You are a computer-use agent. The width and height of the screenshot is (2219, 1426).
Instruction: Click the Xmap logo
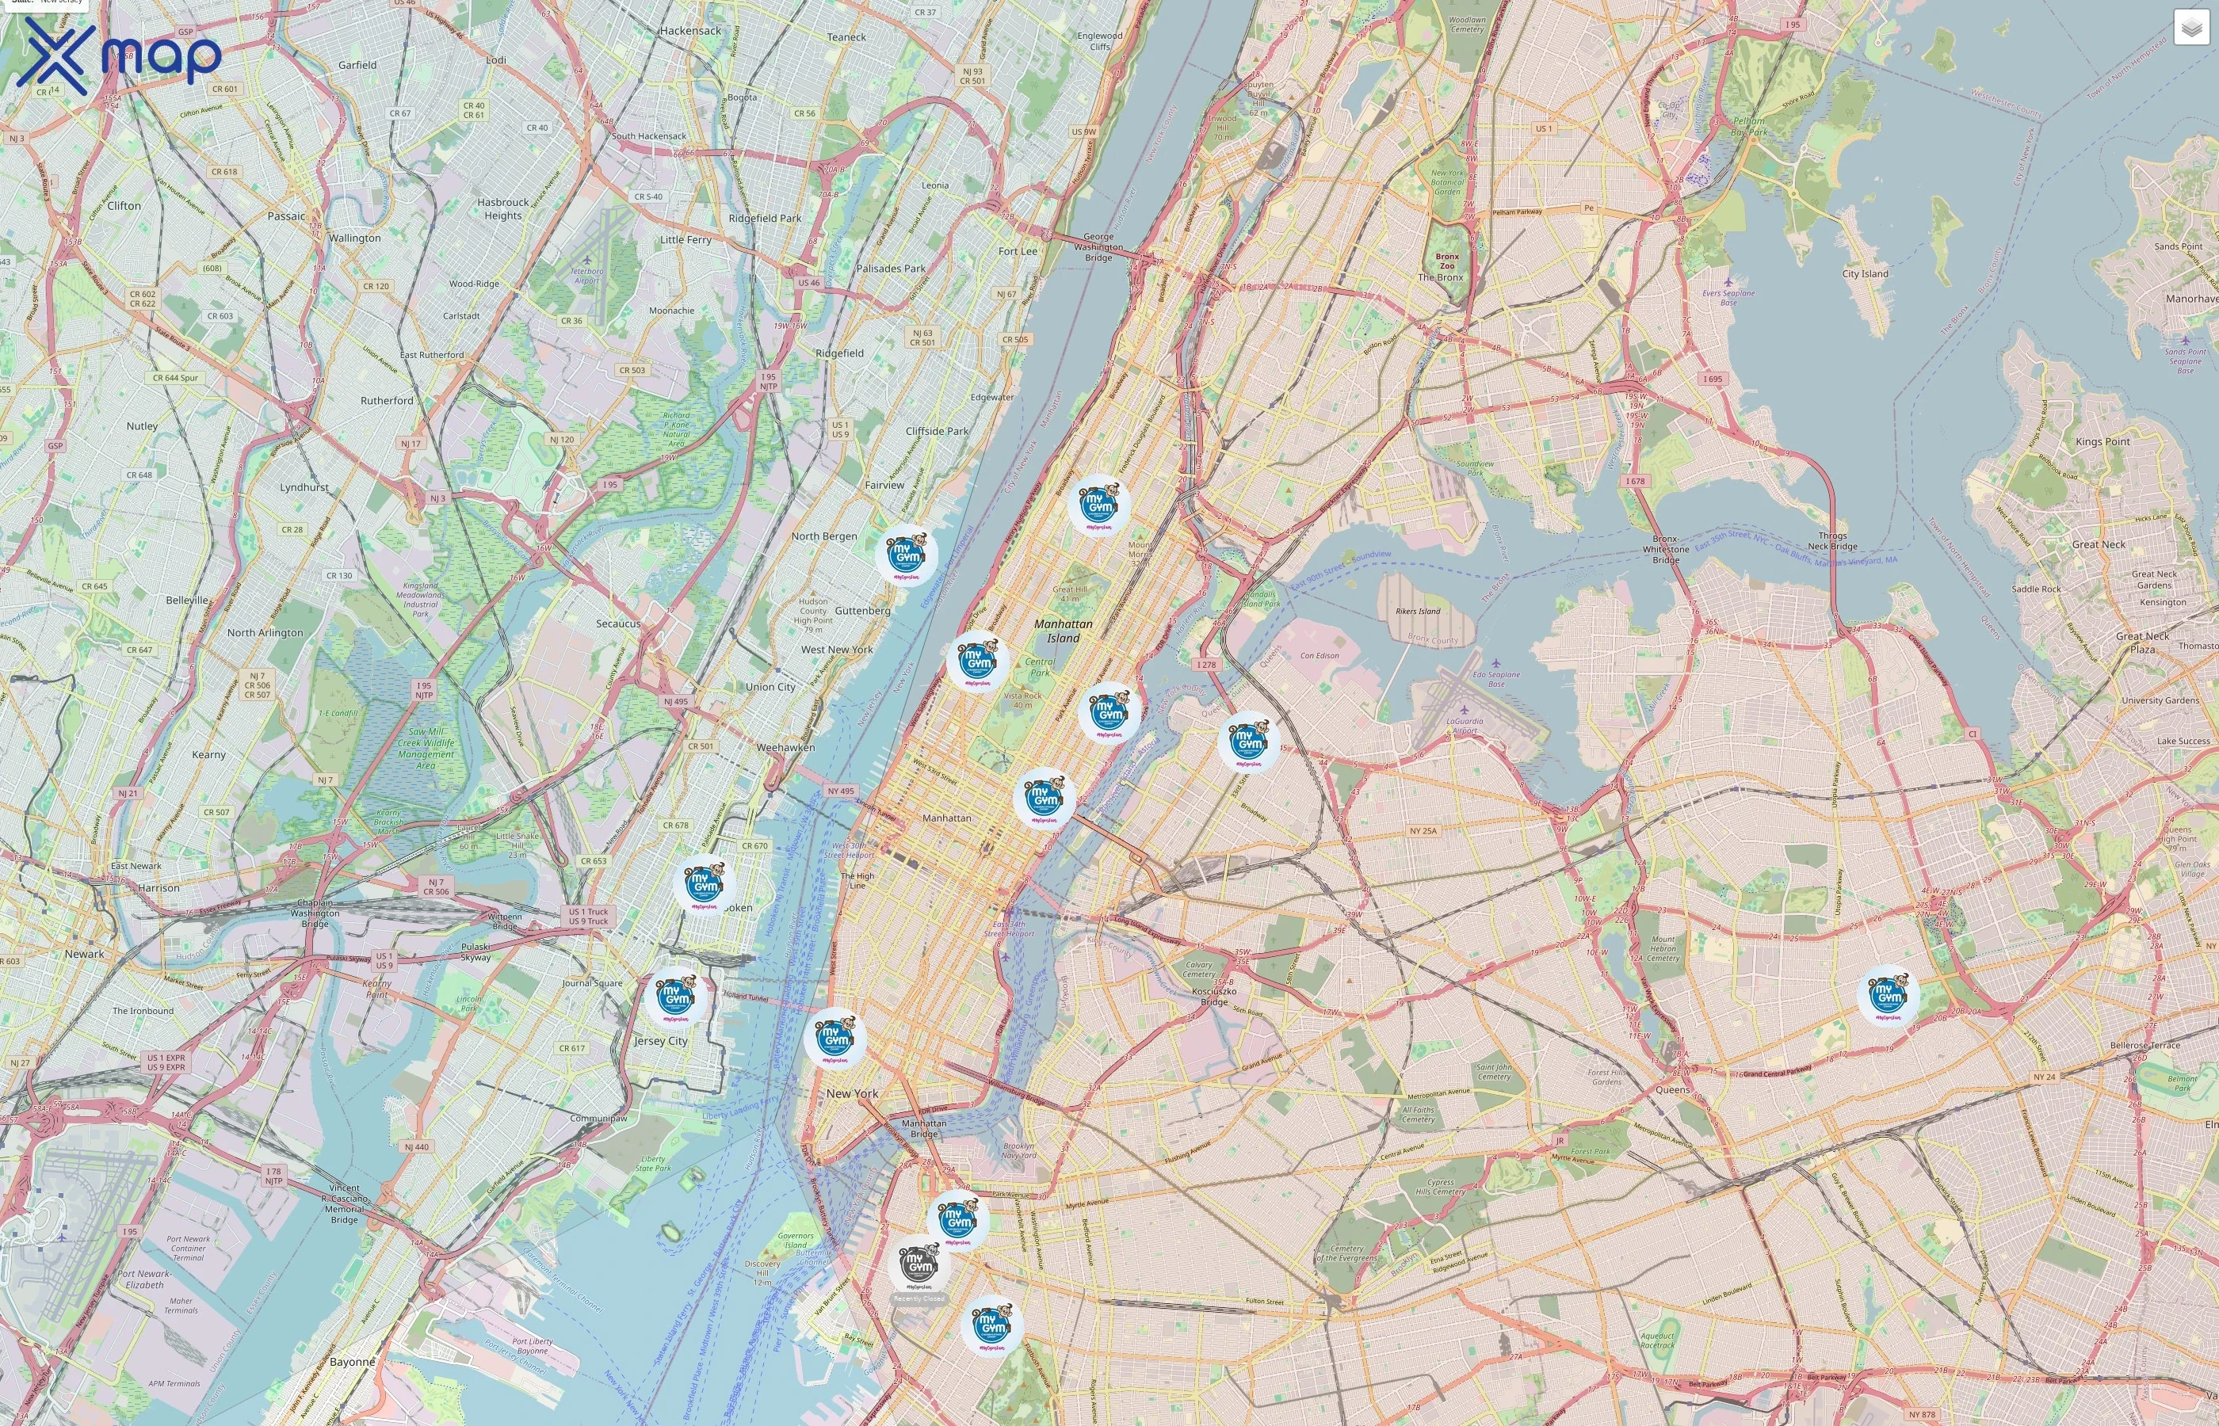[119, 55]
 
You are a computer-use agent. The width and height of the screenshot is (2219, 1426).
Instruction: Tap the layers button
[2190, 28]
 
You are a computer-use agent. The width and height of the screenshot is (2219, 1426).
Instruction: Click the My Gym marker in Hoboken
[704, 884]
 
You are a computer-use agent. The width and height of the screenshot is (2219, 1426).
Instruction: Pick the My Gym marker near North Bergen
[906, 555]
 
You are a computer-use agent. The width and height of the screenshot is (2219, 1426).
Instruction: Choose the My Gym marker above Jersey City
[675, 997]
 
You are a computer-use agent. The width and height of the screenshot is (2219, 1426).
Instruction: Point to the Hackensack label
[690, 31]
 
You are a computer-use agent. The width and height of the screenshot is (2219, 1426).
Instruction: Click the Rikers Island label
[1417, 611]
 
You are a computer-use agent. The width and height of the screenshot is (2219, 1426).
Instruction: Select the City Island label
[1864, 274]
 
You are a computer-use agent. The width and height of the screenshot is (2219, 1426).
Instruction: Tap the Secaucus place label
[617, 624]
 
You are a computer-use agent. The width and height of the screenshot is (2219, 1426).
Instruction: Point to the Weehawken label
[785, 747]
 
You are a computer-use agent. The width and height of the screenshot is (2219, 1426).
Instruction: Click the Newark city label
[84, 954]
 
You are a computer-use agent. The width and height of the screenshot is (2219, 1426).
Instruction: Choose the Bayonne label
[353, 1362]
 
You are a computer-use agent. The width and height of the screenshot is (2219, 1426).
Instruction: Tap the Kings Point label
[2103, 442]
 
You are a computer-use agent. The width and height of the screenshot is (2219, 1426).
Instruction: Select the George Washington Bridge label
[1098, 247]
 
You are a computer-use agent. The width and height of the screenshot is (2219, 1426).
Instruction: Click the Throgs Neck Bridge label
[1832, 541]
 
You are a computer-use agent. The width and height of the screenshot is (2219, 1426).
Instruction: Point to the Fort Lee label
[1018, 251]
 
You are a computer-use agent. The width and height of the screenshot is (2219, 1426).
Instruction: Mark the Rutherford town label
[387, 401]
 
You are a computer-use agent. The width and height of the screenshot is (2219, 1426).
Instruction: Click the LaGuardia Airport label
[1465, 726]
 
